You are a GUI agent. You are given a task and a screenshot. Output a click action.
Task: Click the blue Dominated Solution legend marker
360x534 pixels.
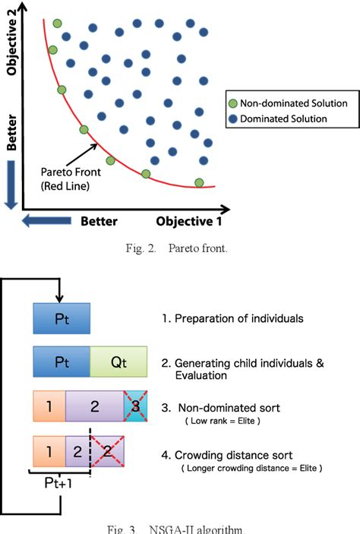click(x=233, y=118)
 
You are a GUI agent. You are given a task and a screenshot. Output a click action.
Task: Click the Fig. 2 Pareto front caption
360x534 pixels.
click(x=179, y=248)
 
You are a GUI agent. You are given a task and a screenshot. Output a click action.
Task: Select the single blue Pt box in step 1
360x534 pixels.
click(x=62, y=318)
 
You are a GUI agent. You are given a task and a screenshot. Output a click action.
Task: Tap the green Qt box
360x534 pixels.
click(x=118, y=362)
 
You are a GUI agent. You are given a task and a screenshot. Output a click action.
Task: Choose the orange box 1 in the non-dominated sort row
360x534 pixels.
click(x=49, y=406)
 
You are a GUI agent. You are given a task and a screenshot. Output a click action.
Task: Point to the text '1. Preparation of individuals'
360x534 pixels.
click(x=234, y=318)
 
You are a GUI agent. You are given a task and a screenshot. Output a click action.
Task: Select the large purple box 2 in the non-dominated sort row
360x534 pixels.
click(x=94, y=406)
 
